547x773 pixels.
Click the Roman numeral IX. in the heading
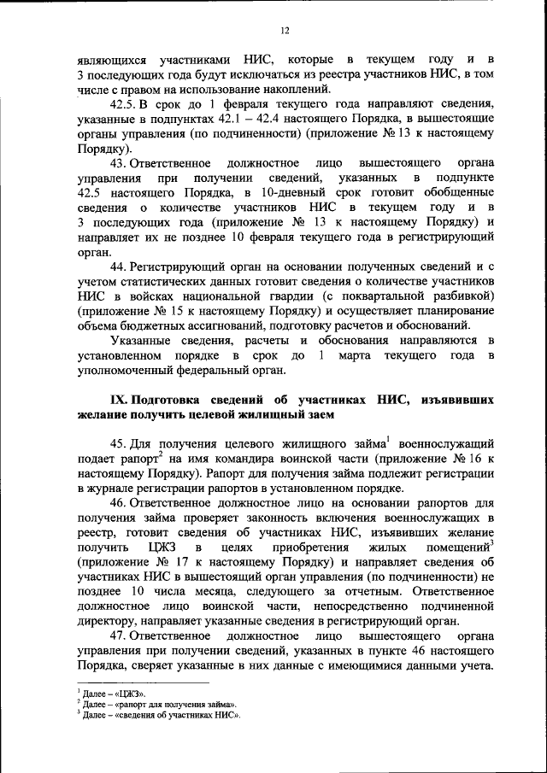119,400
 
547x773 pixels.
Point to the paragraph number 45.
120,443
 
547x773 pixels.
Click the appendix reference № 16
467,458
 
